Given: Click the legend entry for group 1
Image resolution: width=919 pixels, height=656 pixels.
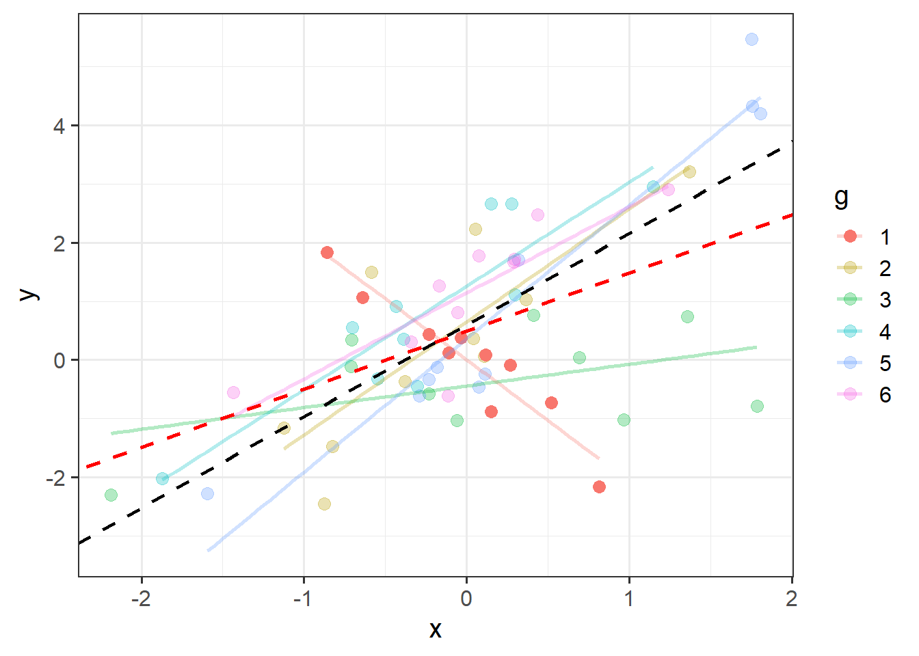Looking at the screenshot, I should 864,236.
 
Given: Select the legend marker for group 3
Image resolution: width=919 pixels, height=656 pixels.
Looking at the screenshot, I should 850,299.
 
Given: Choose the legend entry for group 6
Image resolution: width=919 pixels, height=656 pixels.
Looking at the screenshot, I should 864,394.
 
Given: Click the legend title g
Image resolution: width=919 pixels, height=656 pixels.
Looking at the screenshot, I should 841,197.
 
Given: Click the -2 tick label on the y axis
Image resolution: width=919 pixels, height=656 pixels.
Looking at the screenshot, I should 55,478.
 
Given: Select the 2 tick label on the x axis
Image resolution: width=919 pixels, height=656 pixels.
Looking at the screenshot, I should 791,599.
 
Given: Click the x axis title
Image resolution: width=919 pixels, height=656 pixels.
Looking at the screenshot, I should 435,630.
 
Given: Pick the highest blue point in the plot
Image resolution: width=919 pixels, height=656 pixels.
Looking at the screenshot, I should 751,40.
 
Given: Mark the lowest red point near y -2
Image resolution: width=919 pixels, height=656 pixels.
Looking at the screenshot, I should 599,487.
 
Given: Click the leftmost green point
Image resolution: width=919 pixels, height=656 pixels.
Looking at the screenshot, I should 111,495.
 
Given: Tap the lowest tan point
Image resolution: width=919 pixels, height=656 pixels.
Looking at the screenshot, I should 324,504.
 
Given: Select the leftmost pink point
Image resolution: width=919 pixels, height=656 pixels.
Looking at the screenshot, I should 233,392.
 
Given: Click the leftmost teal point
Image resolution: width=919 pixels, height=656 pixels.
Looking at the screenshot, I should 162,478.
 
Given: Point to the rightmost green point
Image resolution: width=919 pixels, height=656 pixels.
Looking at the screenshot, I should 757,406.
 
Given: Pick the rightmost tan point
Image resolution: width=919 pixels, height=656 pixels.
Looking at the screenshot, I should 689,172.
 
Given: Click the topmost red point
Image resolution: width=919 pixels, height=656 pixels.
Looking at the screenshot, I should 327,252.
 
